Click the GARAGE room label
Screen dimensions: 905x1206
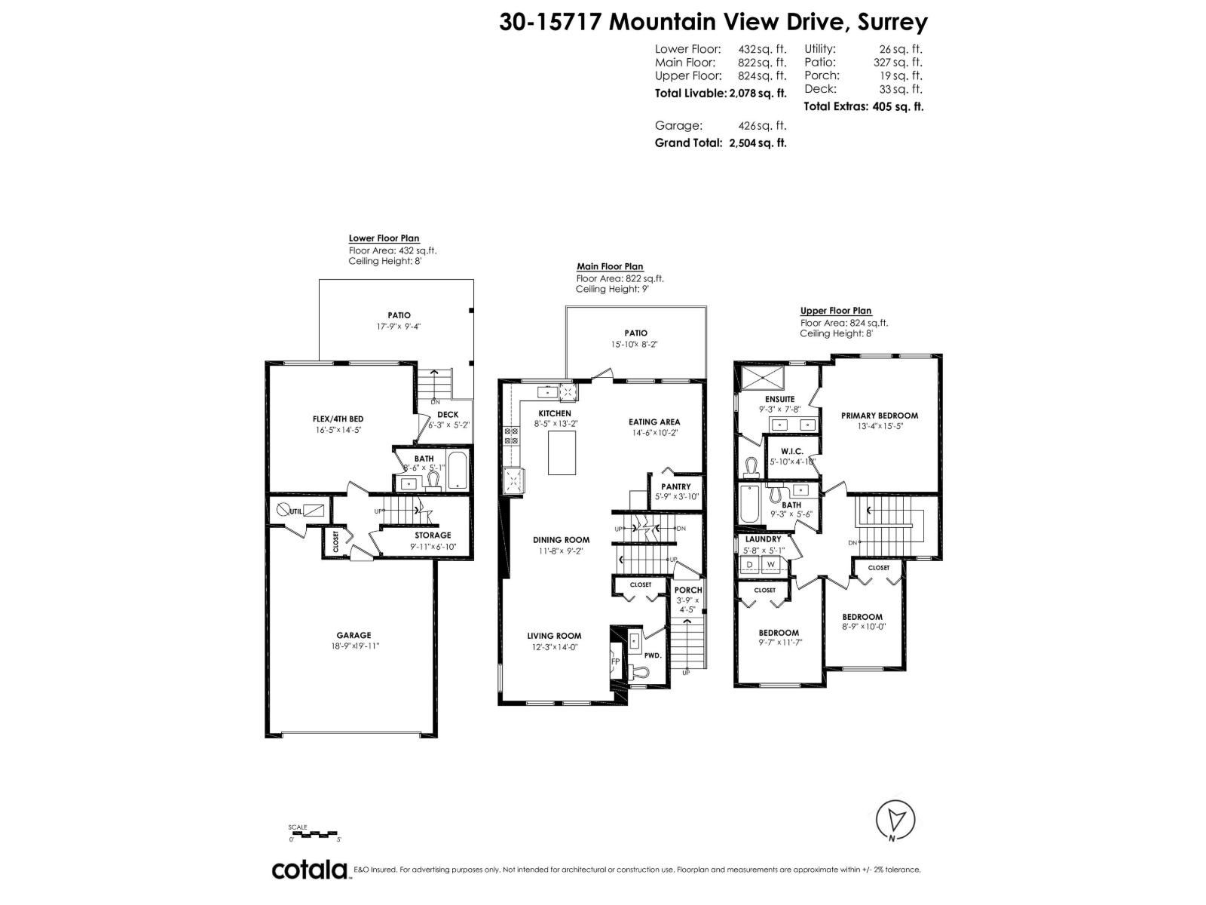pyautogui.click(x=354, y=635)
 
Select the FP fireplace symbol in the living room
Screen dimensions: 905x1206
pyautogui.click(x=615, y=661)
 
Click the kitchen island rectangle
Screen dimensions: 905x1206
pyautogui.click(x=562, y=452)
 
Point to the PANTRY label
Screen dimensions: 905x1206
pyautogui.click(x=675, y=487)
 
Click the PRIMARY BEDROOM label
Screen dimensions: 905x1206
pyautogui.click(x=879, y=416)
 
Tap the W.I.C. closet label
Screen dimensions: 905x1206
pyautogui.click(x=791, y=451)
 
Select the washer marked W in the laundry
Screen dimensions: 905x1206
pyautogui.click(x=771, y=564)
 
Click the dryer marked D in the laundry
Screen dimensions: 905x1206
pyautogui.click(x=750, y=564)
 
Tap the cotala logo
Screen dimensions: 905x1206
pyautogui.click(x=309, y=870)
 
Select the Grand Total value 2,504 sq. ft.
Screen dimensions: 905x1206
pyautogui.click(x=758, y=143)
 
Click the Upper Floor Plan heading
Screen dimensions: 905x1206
pyautogui.click(x=835, y=311)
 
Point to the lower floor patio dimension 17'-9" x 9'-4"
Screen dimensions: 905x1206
pyautogui.click(x=399, y=327)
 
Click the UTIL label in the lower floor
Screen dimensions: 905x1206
pyautogui.click(x=295, y=511)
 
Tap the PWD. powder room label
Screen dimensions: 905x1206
pyautogui.click(x=653, y=656)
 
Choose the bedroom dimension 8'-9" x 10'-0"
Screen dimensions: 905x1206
pyautogui.click(x=863, y=626)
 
